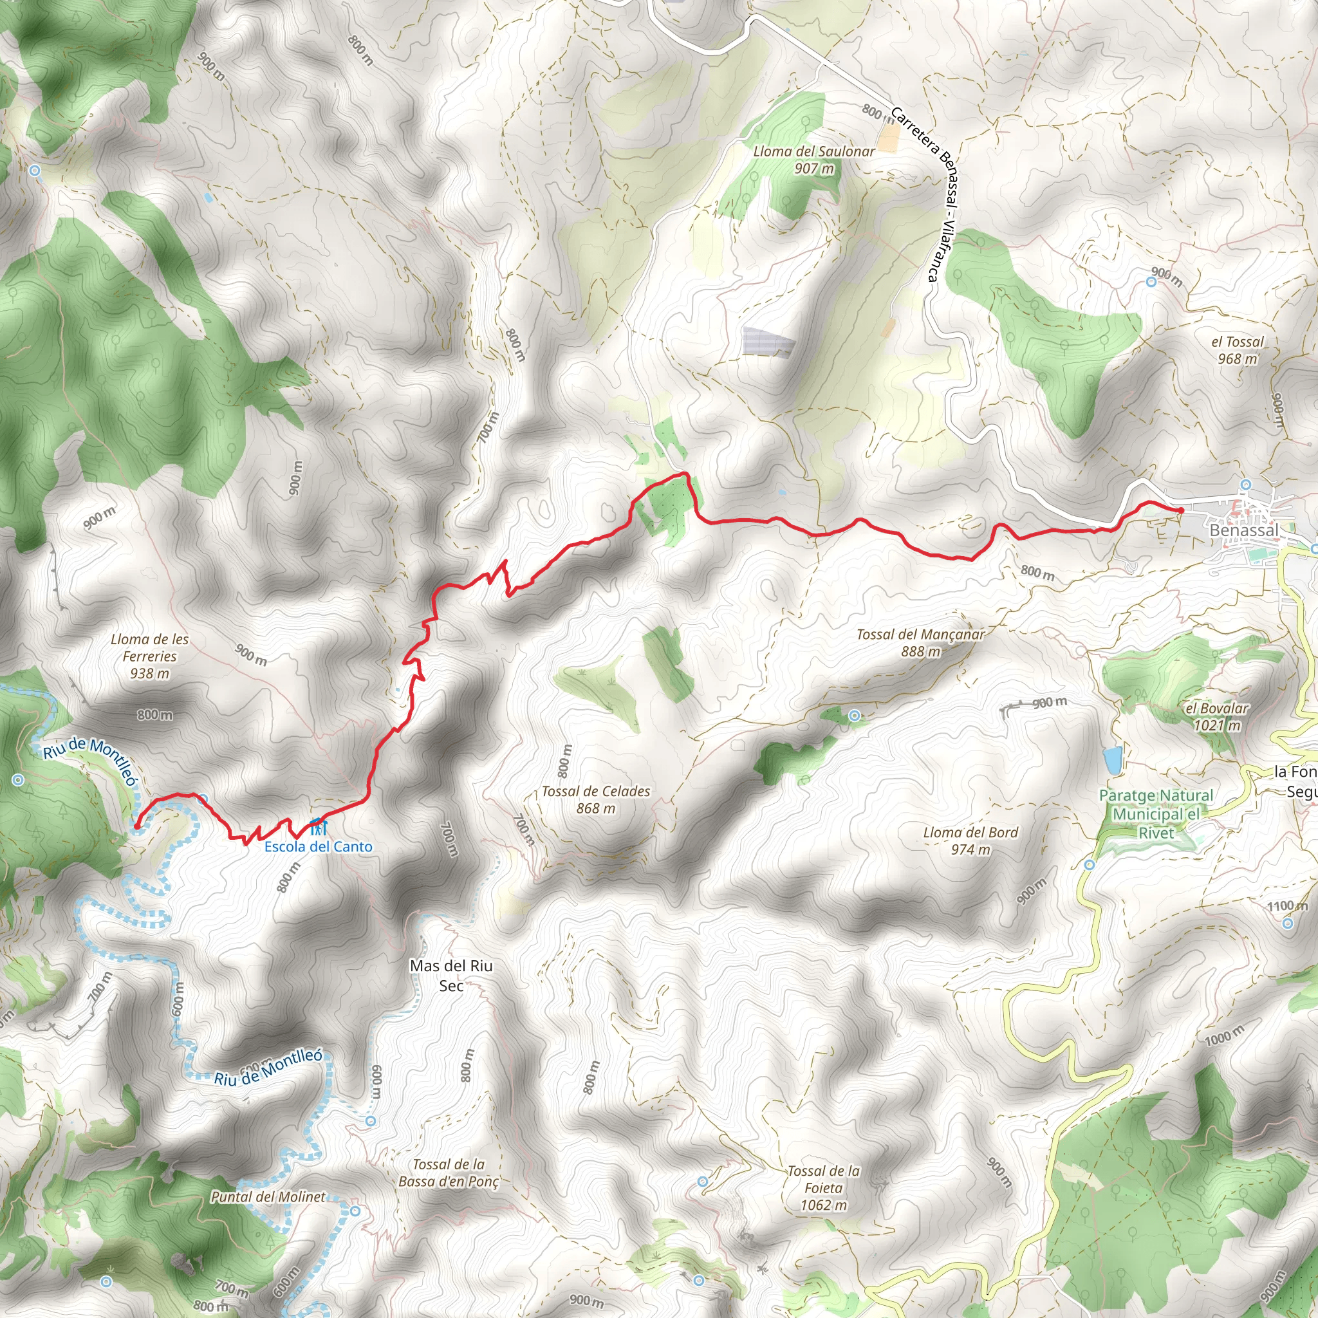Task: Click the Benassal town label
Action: [x=1243, y=530]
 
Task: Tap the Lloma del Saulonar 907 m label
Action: [x=814, y=160]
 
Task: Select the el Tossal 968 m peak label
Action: [x=1238, y=350]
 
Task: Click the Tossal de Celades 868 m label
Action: [x=595, y=799]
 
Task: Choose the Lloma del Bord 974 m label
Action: [x=970, y=840]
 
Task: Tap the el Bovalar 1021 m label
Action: [x=1216, y=716]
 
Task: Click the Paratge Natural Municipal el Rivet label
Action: [x=1156, y=814]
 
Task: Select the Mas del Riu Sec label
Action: [x=451, y=975]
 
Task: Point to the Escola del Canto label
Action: [x=319, y=847]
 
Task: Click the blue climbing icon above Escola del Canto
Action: [x=318, y=827]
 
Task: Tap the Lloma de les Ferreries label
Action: [x=149, y=656]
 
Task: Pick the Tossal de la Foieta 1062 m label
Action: [x=823, y=1188]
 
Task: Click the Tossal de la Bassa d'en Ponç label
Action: [x=449, y=1173]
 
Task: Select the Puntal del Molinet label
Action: [x=268, y=1196]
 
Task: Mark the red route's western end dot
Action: [x=137, y=826]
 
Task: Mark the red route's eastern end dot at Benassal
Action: [x=1181, y=510]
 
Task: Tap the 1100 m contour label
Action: [x=1286, y=906]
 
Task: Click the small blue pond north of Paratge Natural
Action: [x=1113, y=759]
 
